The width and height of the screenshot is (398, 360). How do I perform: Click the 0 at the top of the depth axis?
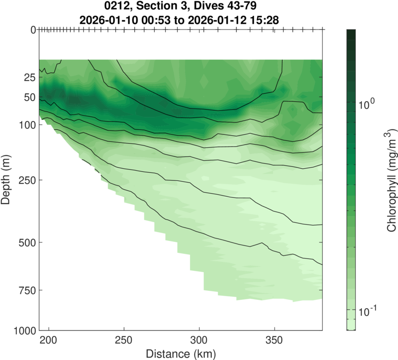coord(32,30)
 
